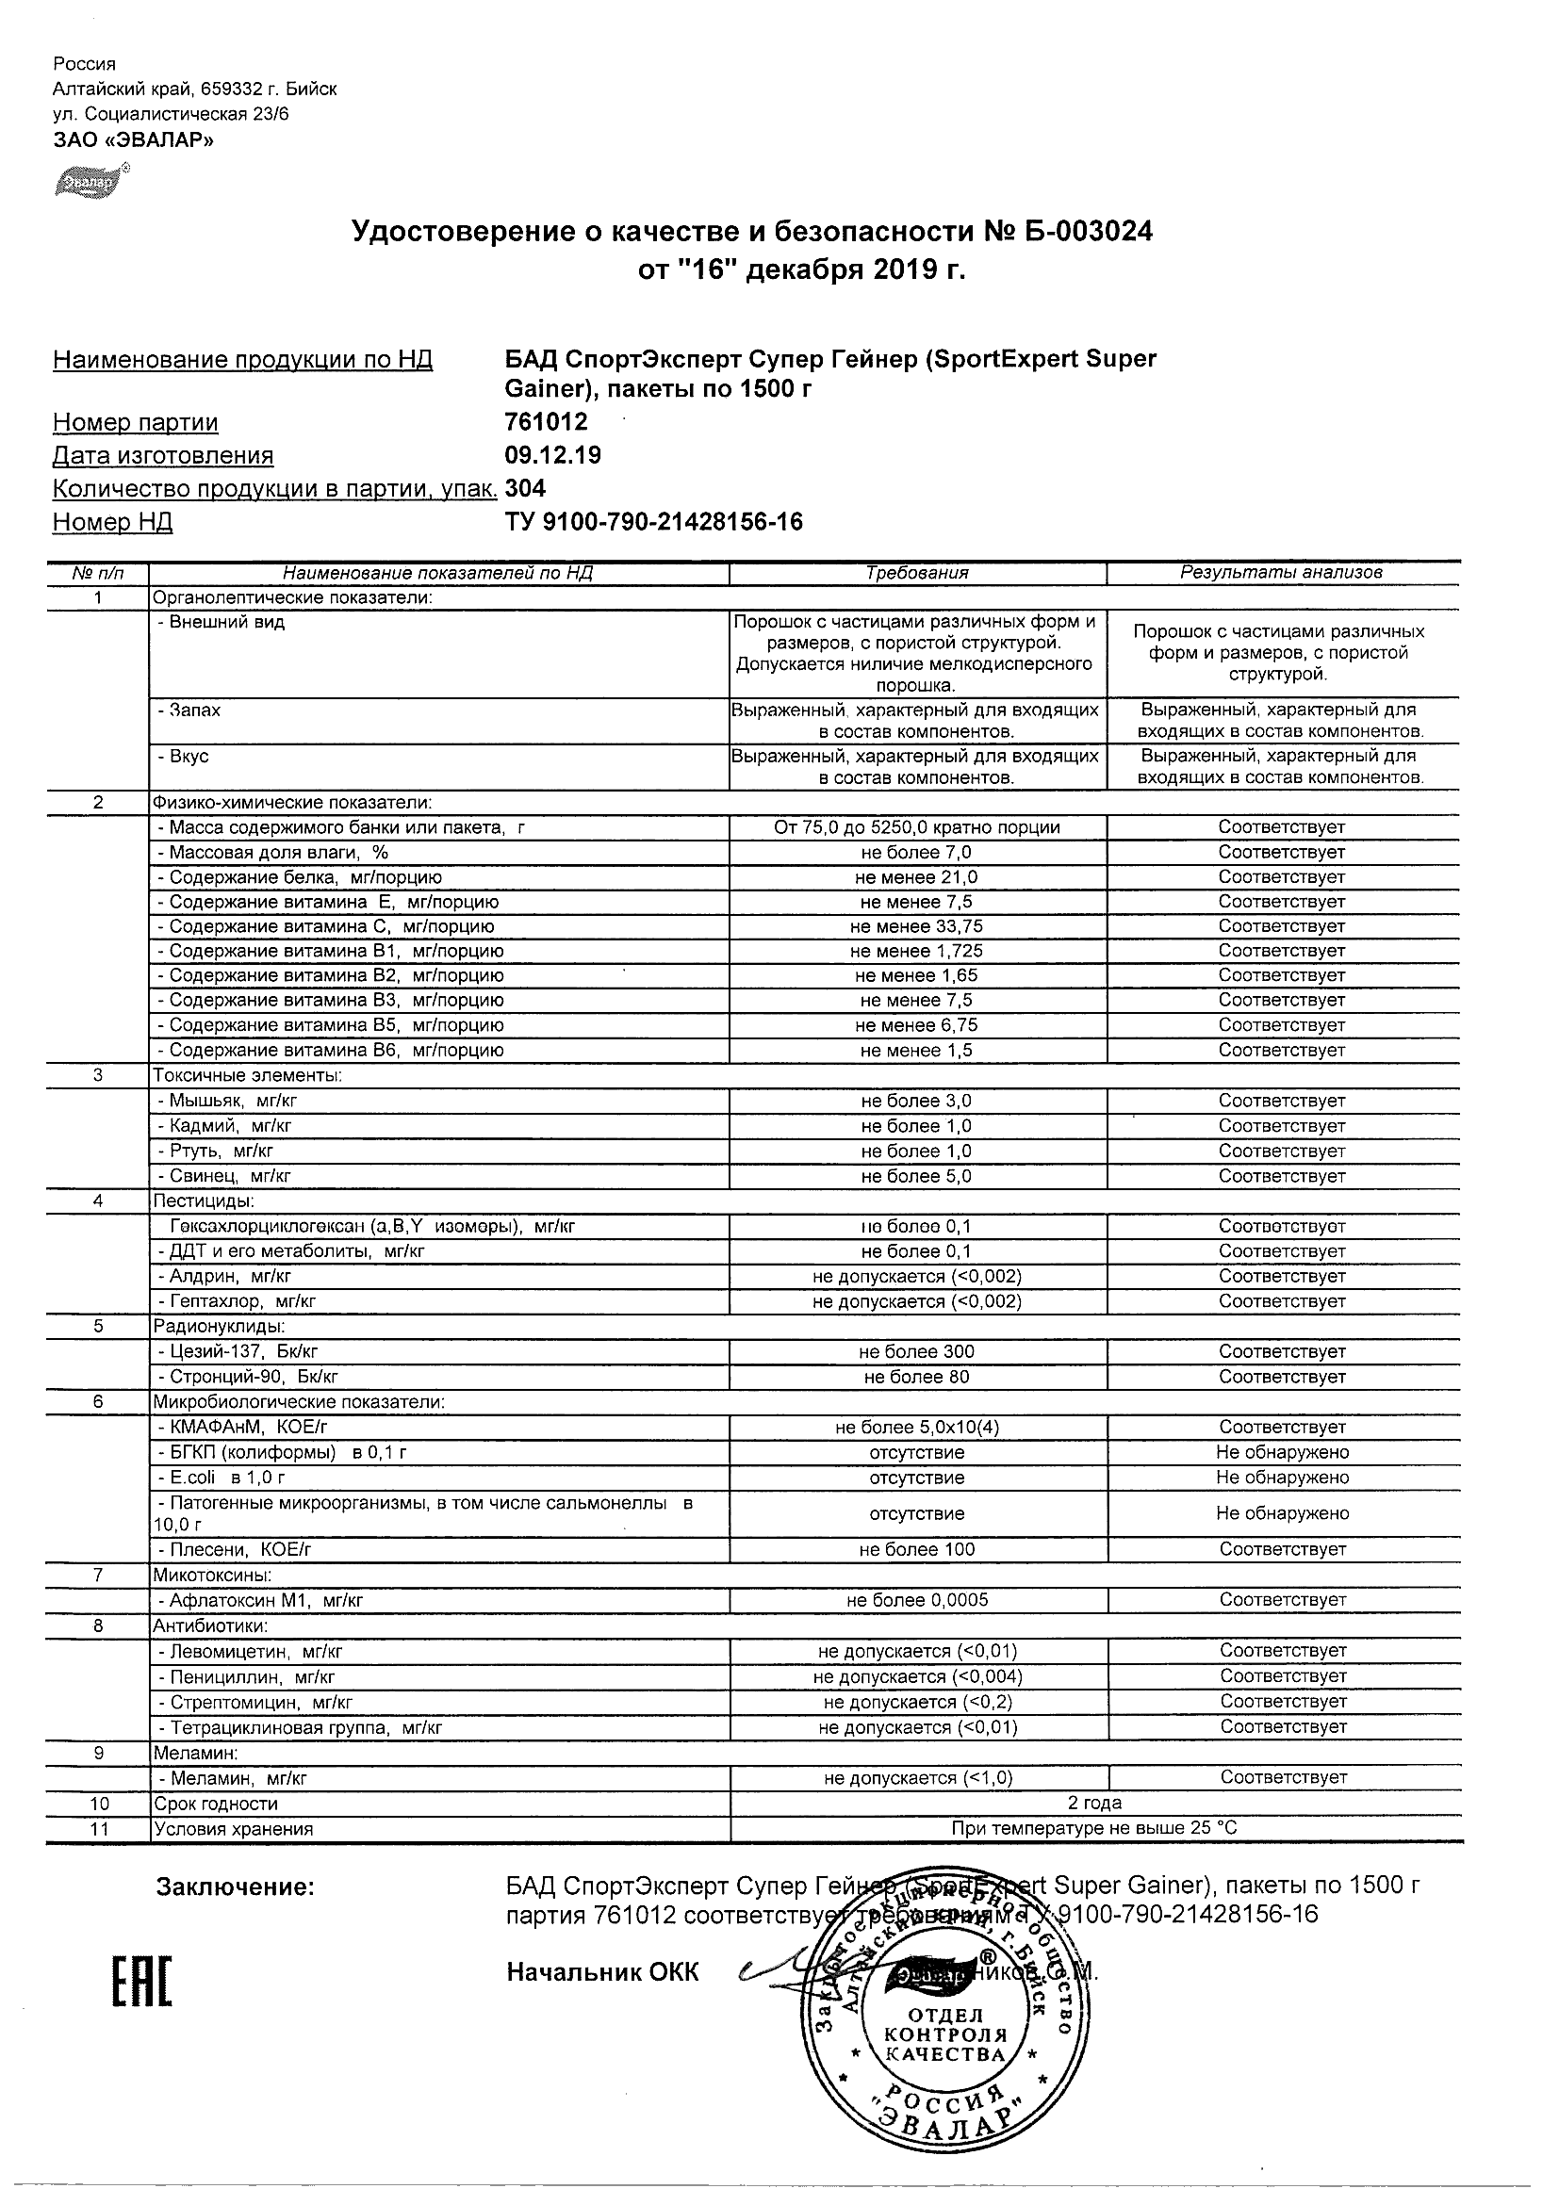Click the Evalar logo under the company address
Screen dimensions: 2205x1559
point(89,180)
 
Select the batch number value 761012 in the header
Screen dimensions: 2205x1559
point(546,421)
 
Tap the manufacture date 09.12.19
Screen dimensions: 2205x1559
point(552,455)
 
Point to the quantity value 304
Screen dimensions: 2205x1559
point(525,488)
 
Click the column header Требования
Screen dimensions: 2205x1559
point(916,573)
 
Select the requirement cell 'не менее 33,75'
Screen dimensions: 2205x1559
point(916,926)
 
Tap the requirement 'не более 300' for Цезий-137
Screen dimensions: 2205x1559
point(916,1352)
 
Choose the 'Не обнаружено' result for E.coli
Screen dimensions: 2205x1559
point(1281,1478)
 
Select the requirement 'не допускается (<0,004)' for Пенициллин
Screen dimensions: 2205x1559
point(916,1676)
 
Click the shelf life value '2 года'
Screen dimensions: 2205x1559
point(1094,1804)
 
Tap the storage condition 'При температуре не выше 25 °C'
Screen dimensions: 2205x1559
point(1094,1828)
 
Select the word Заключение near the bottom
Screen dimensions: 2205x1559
point(236,1887)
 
